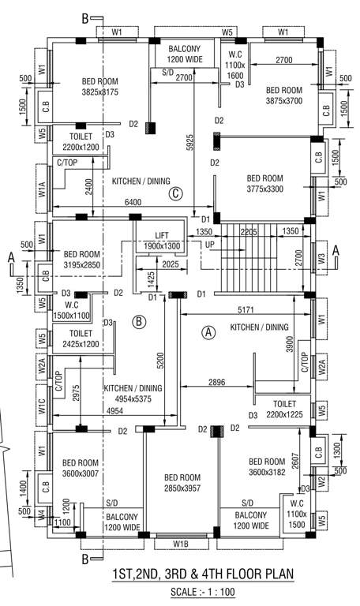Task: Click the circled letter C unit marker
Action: [176, 194]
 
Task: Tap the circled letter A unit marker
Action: [209, 332]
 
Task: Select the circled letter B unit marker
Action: [138, 321]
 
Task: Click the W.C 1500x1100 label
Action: [72, 310]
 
